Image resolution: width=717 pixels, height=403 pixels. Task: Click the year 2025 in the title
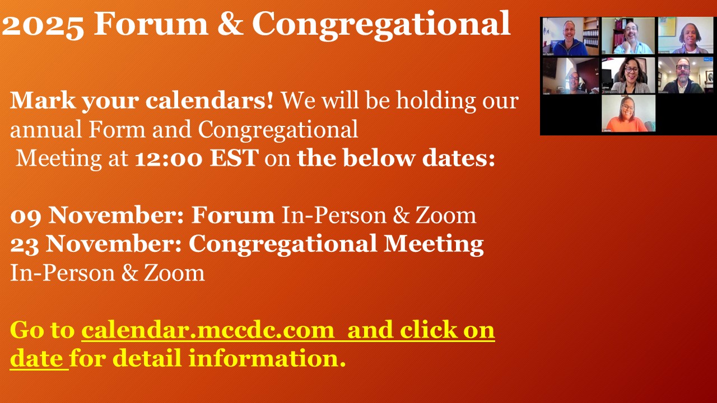pyautogui.click(x=43, y=25)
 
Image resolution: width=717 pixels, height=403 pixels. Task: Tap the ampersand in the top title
pyautogui.click(x=230, y=24)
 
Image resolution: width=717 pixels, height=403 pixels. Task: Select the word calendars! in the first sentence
pyautogui.click(x=209, y=100)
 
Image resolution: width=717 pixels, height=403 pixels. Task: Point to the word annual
pyautogui.click(x=46, y=129)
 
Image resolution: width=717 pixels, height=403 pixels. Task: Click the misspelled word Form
pyautogui.click(x=117, y=129)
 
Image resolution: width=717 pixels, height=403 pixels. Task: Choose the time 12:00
pyautogui.click(x=169, y=158)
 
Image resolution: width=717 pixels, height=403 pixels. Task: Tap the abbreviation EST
pyautogui.click(x=234, y=158)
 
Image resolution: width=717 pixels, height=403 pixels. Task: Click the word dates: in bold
pyautogui.click(x=459, y=158)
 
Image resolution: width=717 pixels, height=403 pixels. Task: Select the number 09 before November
pyautogui.click(x=26, y=216)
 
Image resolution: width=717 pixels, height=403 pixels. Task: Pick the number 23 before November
pyautogui.click(x=25, y=245)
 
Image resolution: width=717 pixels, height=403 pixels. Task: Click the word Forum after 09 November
pyautogui.click(x=233, y=215)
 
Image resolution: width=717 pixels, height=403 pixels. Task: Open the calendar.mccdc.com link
pyautogui.click(x=208, y=330)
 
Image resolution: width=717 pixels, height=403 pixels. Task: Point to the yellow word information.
pyautogui.click(x=267, y=358)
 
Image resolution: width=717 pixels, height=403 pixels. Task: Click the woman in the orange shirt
pyautogui.click(x=628, y=114)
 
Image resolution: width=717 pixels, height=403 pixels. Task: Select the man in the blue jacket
pyautogui.click(x=570, y=36)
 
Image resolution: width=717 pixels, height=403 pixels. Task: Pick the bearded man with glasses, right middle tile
pyautogui.click(x=685, y=76)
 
